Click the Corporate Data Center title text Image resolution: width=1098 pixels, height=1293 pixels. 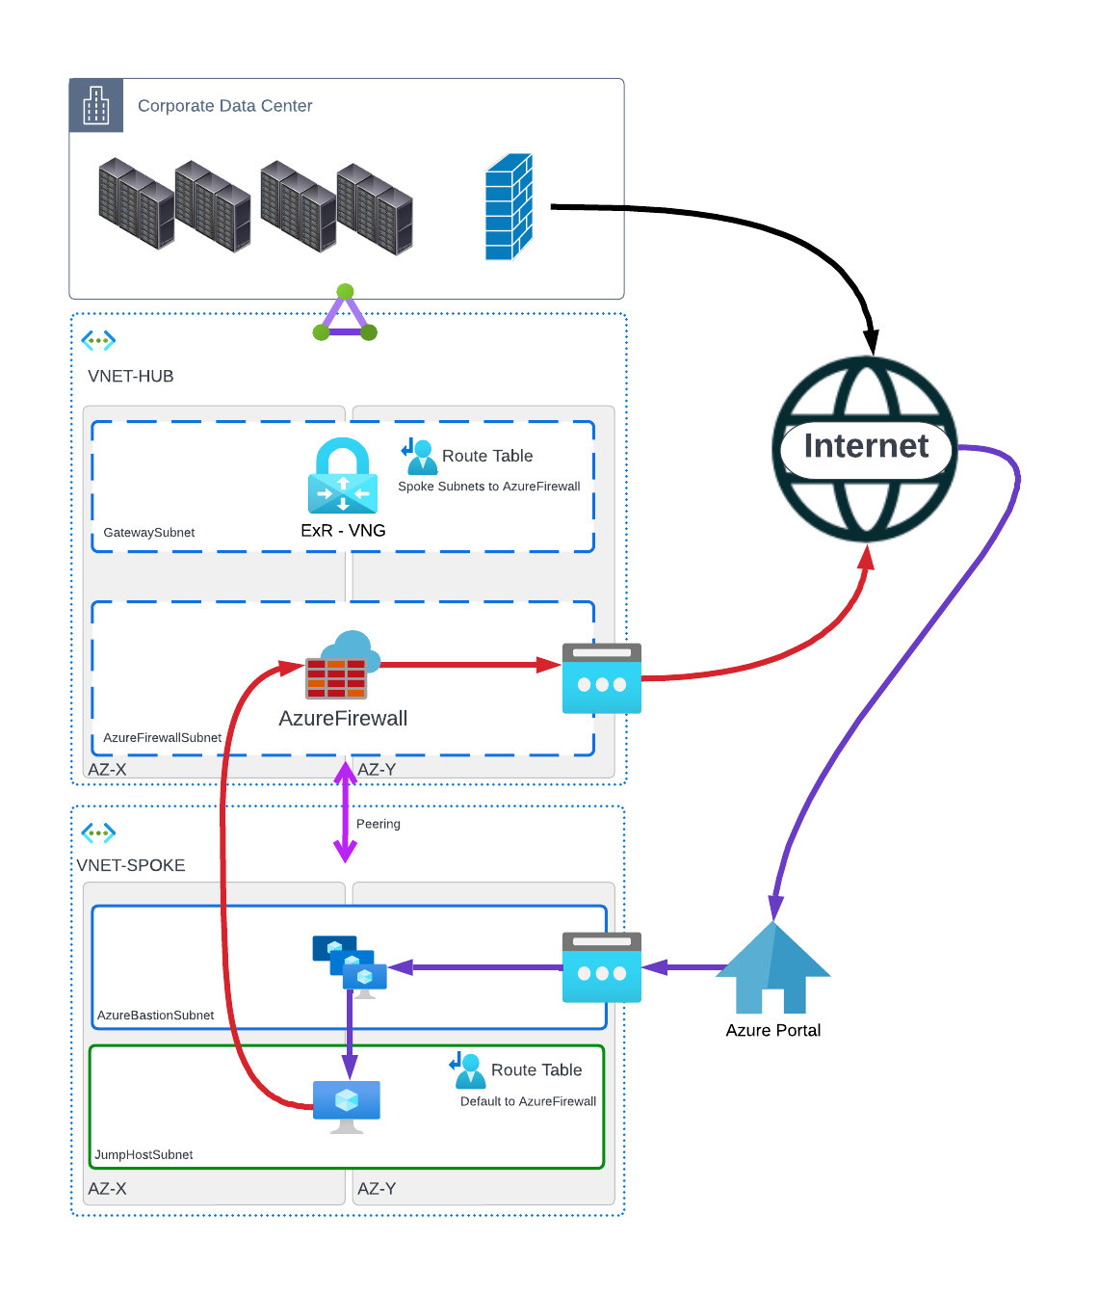[x=224, y=106]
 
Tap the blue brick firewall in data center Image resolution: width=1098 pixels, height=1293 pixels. [x=509, y=207]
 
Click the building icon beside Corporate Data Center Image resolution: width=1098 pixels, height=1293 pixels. [x=96, y=105]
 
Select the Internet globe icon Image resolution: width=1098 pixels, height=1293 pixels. [x=865, y=448]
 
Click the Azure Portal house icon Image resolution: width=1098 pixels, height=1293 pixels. [x=772, y=969]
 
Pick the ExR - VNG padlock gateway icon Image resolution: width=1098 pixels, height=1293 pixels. [x=343, y=477]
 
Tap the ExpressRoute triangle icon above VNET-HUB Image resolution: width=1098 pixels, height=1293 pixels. [x=345, y=314]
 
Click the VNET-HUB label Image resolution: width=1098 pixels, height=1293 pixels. [x=130, y=376]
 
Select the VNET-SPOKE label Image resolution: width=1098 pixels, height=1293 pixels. [x=130, y=865]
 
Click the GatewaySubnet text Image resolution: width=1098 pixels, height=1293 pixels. [x=148, y=533]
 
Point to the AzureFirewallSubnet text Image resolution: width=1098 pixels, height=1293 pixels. [x=162, y=738]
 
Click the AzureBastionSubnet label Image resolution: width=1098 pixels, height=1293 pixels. [x=155, y=1016]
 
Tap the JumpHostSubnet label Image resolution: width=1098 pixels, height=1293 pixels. [x=144, y=1155]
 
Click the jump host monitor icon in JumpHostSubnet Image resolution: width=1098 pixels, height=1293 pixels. [x=347, y=1104]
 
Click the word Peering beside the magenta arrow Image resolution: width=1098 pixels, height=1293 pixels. [x=378, y=824]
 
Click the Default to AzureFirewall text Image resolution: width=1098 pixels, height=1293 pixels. [x=528, y=1101]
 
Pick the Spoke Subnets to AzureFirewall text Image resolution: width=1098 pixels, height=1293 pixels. [x=488, y=487]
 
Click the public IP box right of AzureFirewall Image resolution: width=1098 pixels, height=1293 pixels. [x=601, y=679]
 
